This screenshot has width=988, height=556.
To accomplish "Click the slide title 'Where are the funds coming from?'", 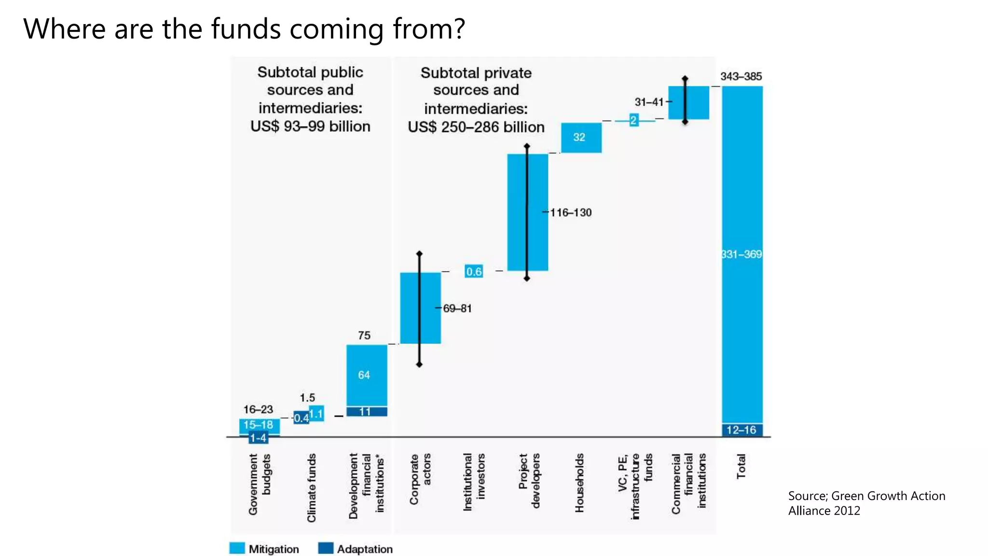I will (x=244, y=29).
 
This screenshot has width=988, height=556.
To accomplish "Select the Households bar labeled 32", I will (x=581, y=138).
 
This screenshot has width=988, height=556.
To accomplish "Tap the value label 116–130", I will (x=571, y=212).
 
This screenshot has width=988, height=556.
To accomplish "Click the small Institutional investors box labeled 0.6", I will (x=474, y=272).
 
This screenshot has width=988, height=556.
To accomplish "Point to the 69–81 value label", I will (x=457, y=308).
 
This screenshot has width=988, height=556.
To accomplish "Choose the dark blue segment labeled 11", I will (x=366, y=412).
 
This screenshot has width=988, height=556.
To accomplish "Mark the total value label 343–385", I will (x=741, y=76).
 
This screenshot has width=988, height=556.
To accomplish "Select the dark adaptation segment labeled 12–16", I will (x=741, y=430).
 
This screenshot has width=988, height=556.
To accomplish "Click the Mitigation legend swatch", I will (x=237, y=548).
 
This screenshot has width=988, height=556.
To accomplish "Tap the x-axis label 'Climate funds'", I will (x=312, y=487).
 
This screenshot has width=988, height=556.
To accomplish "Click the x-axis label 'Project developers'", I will (x=529, y=480).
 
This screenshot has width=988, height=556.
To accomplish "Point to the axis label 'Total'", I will (x=741, y=466).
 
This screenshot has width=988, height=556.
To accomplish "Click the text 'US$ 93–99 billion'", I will (x=310, y=126).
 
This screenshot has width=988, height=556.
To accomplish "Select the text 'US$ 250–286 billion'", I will (x=476, y=127).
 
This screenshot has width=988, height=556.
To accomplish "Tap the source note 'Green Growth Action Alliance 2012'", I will (x=866, y=503).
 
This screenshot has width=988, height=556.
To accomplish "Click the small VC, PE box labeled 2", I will (x=633, y=120).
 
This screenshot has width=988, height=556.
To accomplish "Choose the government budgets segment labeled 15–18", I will (x=259, y=425).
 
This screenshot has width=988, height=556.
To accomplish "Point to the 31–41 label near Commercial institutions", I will (x=649, y=102).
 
